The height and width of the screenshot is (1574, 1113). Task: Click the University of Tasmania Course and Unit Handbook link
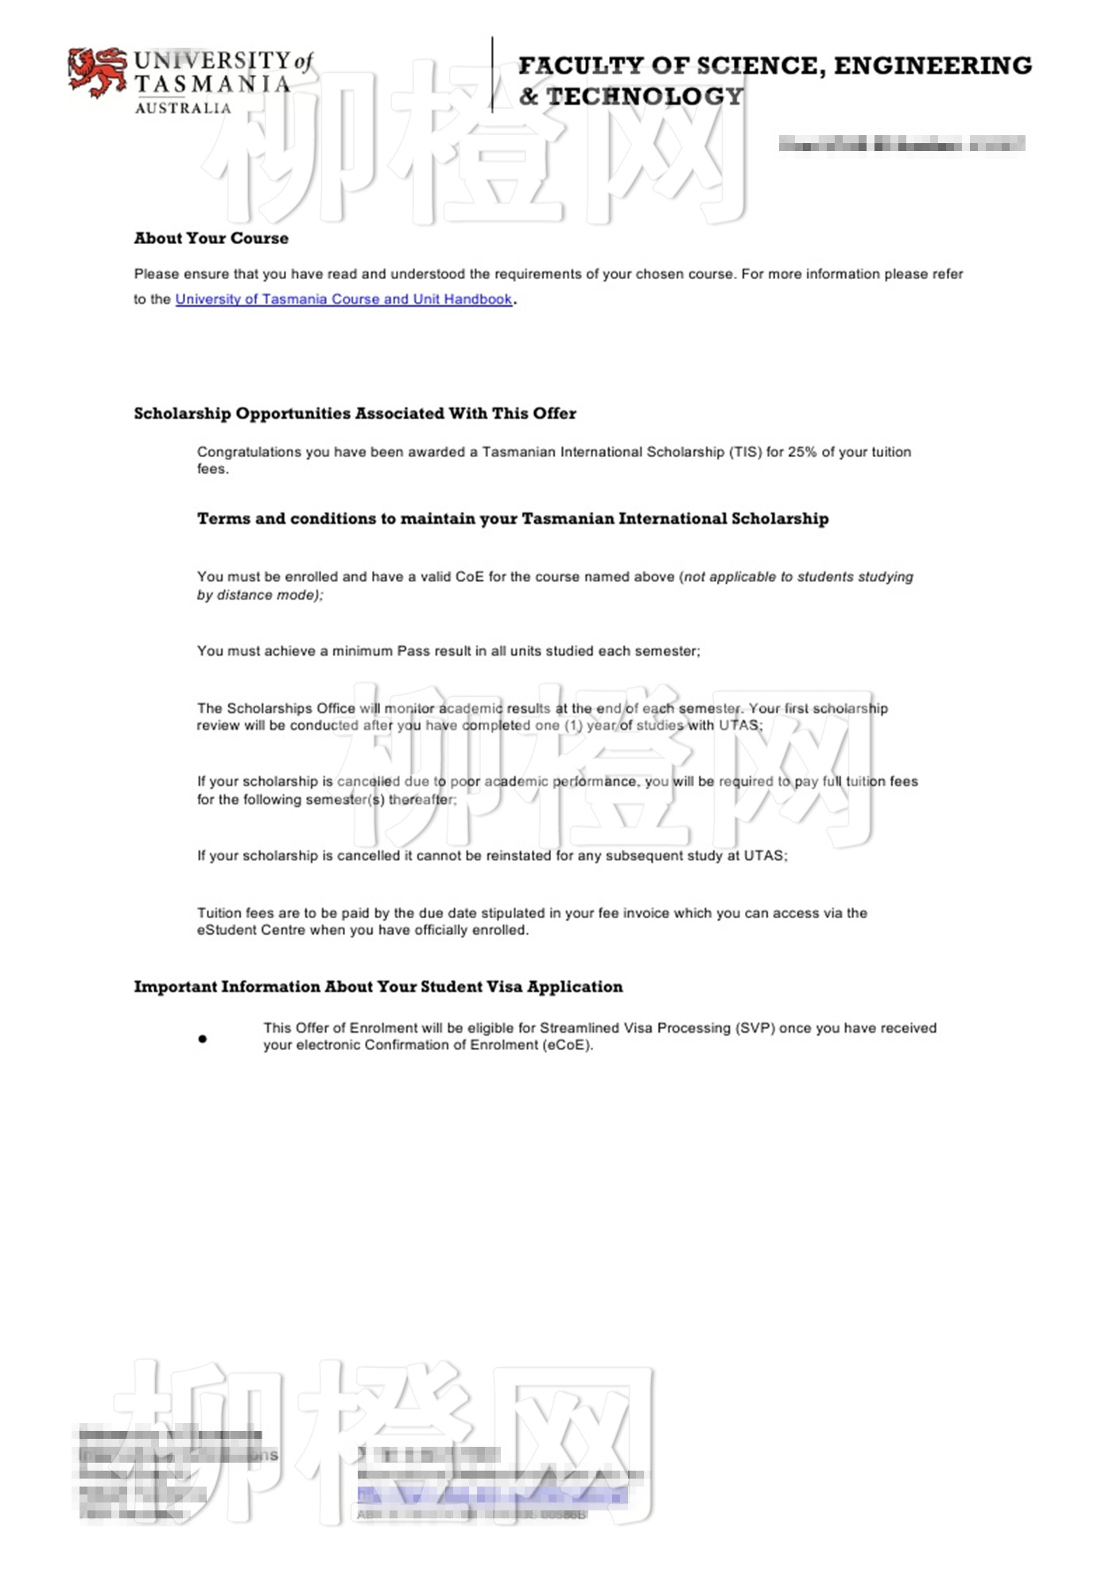(x=343, y=300)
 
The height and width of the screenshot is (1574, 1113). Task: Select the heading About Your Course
(x=211, y=238)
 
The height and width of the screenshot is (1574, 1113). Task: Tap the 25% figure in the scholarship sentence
(x=802, y=452)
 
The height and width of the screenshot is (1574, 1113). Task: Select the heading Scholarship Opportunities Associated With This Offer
(x=355, y=413)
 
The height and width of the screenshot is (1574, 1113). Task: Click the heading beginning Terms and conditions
(x=512, y=519)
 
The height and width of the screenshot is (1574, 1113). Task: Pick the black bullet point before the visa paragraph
(x=203, y=1038)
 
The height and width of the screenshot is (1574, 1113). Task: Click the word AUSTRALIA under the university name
(x=183, y=108)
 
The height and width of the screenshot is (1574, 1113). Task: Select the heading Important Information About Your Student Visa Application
(x=378, y=987)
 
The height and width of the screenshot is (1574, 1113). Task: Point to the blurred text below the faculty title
(x=901, y=144)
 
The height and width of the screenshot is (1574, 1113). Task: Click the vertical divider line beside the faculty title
(x=493, y=75)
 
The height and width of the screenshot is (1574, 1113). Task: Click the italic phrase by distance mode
(x=259, y=595)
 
